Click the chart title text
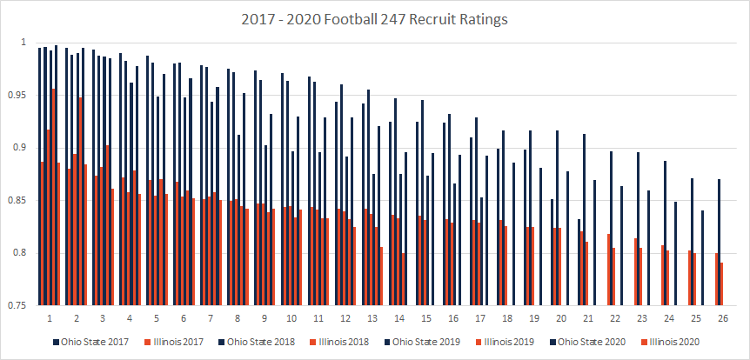tap(374, 17)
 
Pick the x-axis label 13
tap(371, 319)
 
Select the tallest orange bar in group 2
tap(81, 201)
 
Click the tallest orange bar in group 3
tap(107, 225)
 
